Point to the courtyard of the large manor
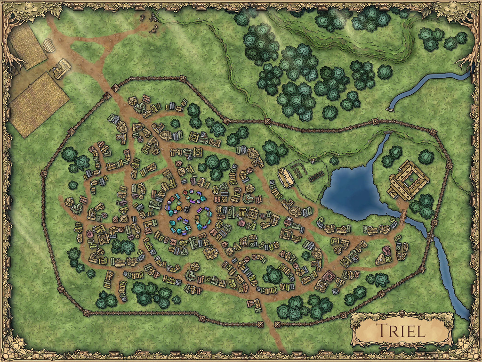pyautogui.click(x=409, y=180)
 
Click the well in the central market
pyautogui.click(x=186, y=209)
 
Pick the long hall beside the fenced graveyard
pyautogui.click(x=284, y=177)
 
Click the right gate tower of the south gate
pyautogui.click(x=276, y=325)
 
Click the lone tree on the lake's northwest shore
pyautogui.click(x=334, y=161)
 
